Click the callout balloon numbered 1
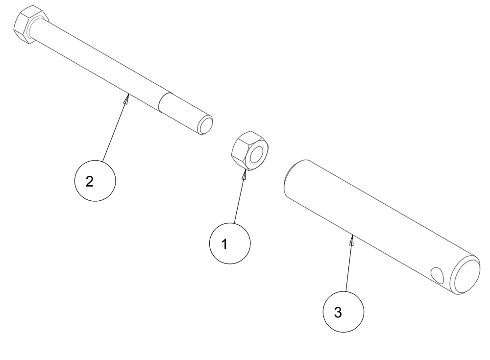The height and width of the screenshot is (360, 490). [230, 243]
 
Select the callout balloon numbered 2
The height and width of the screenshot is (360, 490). [95, 181]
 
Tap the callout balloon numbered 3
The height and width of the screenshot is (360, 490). [343, 312]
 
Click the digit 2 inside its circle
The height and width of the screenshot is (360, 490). [89, 182]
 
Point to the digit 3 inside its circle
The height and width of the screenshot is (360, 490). [338, 312]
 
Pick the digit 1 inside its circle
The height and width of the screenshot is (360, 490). [224, 244]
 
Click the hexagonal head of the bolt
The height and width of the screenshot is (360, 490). [30, 24]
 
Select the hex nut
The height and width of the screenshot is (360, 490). [250, 151]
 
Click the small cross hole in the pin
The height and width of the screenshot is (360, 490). [437, 274]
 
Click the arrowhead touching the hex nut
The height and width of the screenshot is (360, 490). [244, 174]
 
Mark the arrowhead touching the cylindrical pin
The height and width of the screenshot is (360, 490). [351, 240]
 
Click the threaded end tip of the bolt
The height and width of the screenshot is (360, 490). [205, 125]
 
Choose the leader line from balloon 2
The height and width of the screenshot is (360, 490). [115, 127]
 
